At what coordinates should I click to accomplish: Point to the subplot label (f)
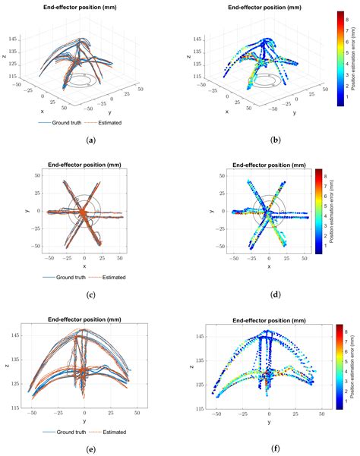(270, 449)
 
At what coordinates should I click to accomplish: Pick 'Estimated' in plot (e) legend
(111, 430)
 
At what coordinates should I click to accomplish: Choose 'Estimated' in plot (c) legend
(111, 277)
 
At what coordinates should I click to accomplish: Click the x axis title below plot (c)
(84, 267)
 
